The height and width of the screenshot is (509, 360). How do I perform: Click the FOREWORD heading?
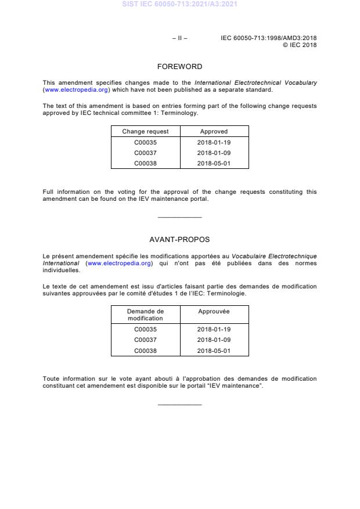coord(179,67)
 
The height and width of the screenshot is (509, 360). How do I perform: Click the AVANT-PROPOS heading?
coord(179,239)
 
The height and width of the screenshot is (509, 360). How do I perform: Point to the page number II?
coord(179,38)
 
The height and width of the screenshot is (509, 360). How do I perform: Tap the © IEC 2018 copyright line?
coord(300,45)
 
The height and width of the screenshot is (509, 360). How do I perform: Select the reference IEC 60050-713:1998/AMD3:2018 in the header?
coord(269,38)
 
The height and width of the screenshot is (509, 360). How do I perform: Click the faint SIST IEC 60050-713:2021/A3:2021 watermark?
coord(179,5)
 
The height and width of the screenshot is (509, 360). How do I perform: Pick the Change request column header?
coord(145,132)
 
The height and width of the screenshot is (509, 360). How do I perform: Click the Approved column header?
coord(214,132)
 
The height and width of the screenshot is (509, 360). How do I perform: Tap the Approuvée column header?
coord(214,312)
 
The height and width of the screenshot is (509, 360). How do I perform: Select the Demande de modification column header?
coord(146,315)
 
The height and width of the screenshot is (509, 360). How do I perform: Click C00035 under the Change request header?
coord(145,142)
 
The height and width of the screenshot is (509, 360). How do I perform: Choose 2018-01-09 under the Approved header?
coord(214,153)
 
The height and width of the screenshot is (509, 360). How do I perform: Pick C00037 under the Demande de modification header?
coord(145,340)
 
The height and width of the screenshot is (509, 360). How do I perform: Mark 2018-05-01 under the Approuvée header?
coord(214,351)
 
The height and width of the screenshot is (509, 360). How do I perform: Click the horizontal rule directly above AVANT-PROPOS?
coord(179,218)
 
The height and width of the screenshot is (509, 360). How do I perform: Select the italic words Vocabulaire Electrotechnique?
coord(274,256)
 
